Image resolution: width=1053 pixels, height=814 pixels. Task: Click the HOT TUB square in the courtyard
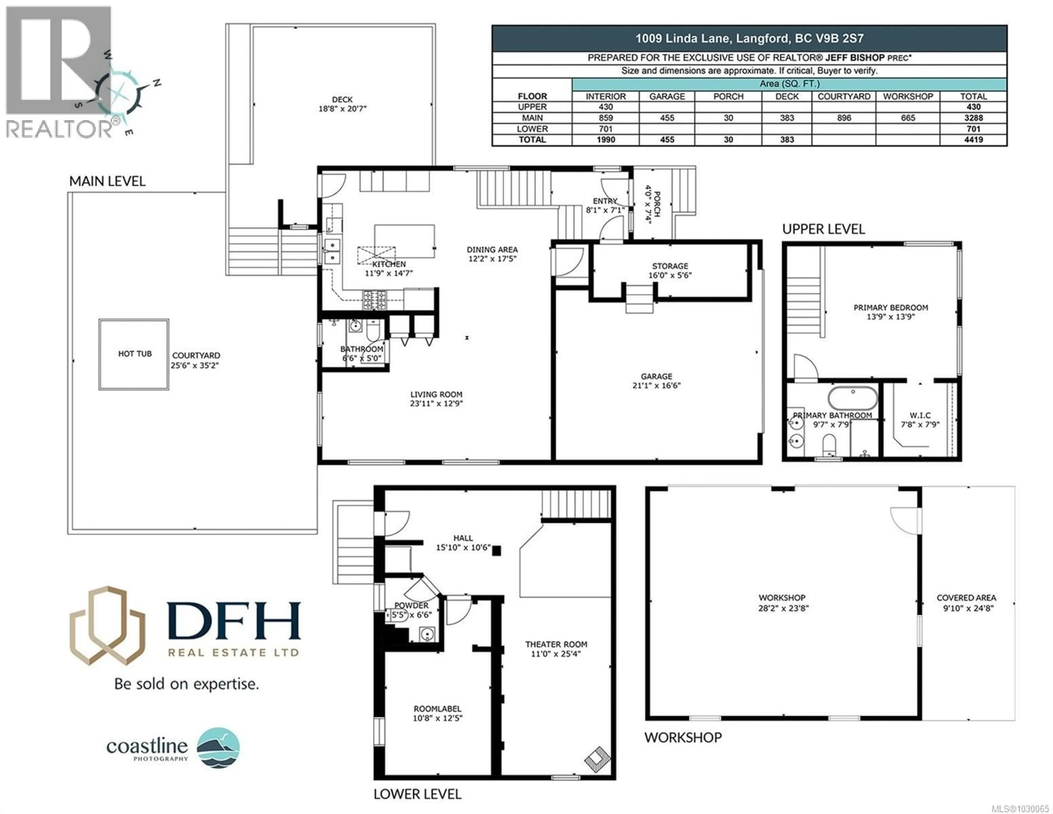pos(134,354)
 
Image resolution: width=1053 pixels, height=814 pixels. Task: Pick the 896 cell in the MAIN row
pos(844,118)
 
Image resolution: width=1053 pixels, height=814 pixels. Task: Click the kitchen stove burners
pos(375,300)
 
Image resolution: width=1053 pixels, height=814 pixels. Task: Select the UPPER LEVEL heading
pos(823,229)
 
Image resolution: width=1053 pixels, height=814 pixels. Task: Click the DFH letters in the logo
pos(234,621)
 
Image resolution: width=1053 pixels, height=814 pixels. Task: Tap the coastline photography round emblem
pos(218,747)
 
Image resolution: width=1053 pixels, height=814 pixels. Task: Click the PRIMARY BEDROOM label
pos(890,312)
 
